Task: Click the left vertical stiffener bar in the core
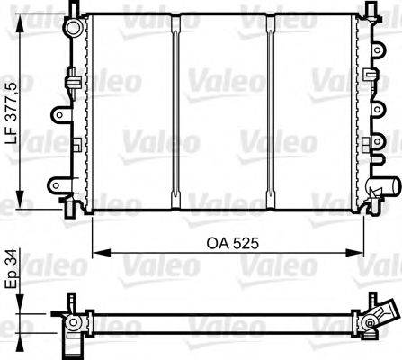[176, 112]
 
